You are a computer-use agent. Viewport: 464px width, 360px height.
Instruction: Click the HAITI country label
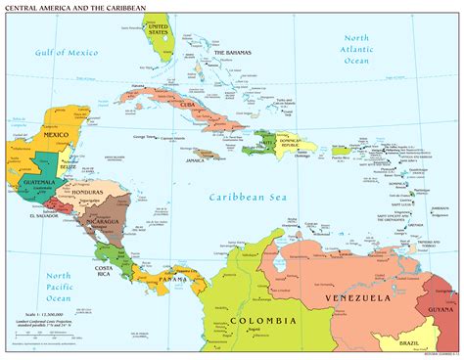pyautogui.click(x=267, y=145)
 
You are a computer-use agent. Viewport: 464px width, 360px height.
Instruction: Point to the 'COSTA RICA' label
pyautogui.click(x=108, y=271)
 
